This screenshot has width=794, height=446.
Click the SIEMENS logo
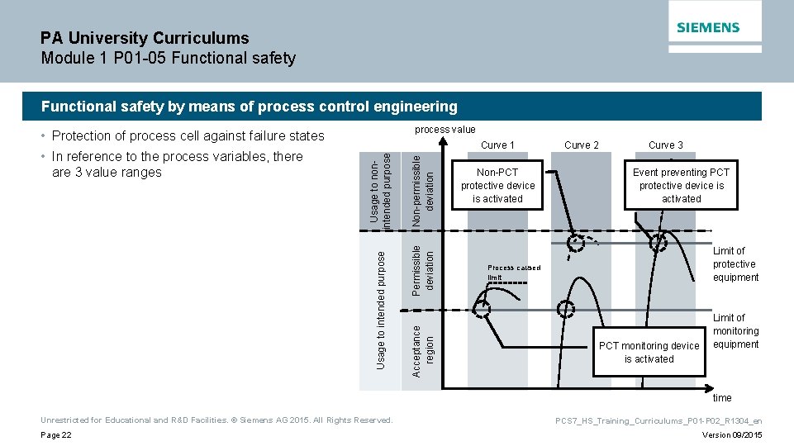click(708, 27)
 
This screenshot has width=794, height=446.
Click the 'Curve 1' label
click(497, 145)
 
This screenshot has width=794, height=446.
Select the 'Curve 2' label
click(582, 145)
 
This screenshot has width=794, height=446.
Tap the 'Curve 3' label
click(665, 145)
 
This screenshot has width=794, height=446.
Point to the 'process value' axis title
click(445, 130)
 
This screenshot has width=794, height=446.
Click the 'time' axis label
click(722, 397)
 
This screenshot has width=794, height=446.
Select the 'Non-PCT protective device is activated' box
click(497, 186)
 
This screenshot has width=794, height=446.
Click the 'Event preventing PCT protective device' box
click(681, 186)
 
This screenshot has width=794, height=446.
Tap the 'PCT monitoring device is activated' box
click(649, 353)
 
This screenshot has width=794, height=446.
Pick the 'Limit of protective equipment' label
click(735, 264)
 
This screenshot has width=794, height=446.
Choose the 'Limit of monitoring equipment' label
click(735, 331)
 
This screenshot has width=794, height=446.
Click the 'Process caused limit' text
click(512, 272)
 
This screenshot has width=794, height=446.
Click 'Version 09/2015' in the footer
click(732, 435)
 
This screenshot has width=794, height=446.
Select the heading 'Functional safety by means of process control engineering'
click(249, 107)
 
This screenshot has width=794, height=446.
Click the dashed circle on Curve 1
click(481, 309)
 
